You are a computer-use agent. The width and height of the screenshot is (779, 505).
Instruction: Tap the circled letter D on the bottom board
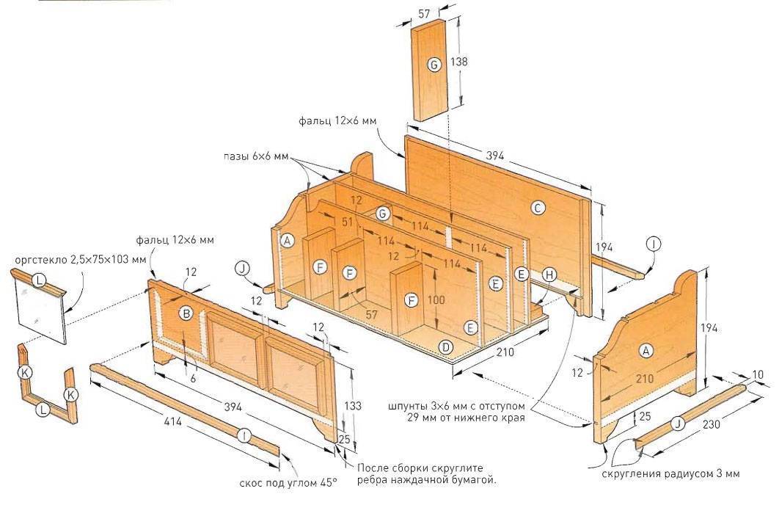tap(446, 346)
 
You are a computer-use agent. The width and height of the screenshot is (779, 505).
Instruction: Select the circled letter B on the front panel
tap(186, 313)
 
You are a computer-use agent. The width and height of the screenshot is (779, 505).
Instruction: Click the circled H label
tap(549, 275)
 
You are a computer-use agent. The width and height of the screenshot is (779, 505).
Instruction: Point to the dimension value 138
tap(458, 62)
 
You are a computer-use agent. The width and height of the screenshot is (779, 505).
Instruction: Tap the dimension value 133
tap(353, 406)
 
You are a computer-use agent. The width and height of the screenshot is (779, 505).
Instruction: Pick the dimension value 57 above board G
tap(424, 13)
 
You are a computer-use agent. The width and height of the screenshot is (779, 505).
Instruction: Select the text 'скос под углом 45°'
tap(288, 483)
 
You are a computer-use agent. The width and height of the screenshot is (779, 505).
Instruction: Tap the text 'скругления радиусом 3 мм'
tap(670, 473)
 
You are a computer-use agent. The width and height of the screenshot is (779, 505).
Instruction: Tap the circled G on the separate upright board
tap(434, 65)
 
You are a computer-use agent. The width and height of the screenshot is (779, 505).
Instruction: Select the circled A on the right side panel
tap(645, 351)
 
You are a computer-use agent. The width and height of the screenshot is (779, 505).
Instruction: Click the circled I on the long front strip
tap(244, 436)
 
